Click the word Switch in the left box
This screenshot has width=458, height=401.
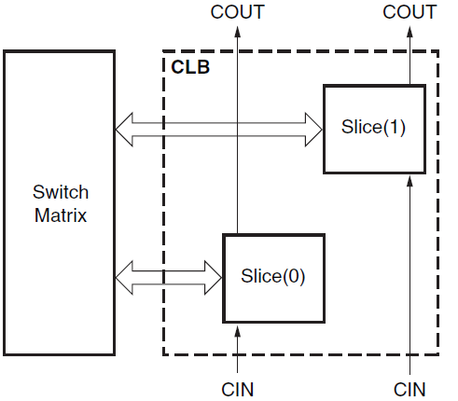(61, 193)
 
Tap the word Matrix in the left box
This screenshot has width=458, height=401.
(61, 215)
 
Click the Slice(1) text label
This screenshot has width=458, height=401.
(374, 128)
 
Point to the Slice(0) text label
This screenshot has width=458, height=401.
(273, 276)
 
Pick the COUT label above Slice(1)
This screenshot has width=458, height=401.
(409, 12)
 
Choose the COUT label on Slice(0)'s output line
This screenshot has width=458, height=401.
(237, 12)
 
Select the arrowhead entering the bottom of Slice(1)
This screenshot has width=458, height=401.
(409, 182)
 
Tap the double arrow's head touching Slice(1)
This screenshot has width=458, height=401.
(313, 129)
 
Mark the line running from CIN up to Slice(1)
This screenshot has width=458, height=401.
(409, 280)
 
